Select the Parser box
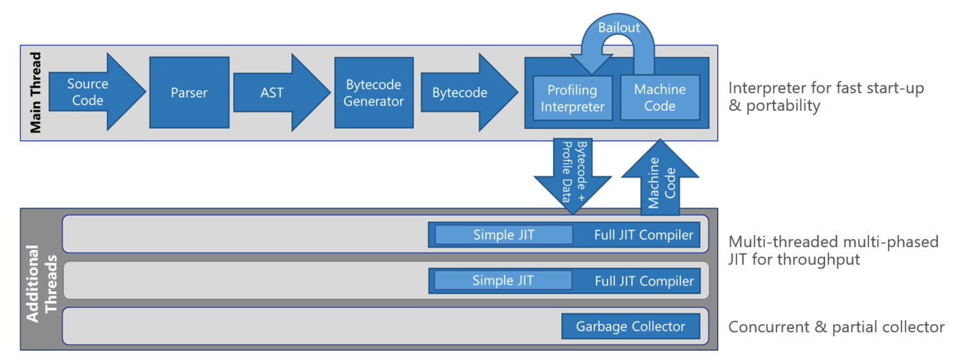pos(189,92)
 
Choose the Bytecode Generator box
pos(373,92)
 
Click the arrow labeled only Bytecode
pos(461,92)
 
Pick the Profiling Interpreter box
pos(571,98)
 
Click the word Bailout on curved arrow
pos(619,28)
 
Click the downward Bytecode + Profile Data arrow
pos(572,175)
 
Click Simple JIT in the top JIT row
pos(503,235)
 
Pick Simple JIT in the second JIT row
pos(503,281)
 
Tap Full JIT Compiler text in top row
pos(644,235)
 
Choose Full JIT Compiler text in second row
pos(644,281)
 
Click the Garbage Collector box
pos(630,326)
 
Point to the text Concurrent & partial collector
pos(836,327)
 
